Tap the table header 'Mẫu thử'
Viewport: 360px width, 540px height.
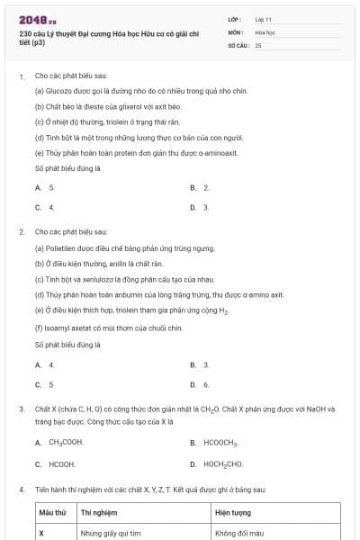tap(53, 512)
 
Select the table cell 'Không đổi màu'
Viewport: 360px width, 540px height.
tap(238, 533)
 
